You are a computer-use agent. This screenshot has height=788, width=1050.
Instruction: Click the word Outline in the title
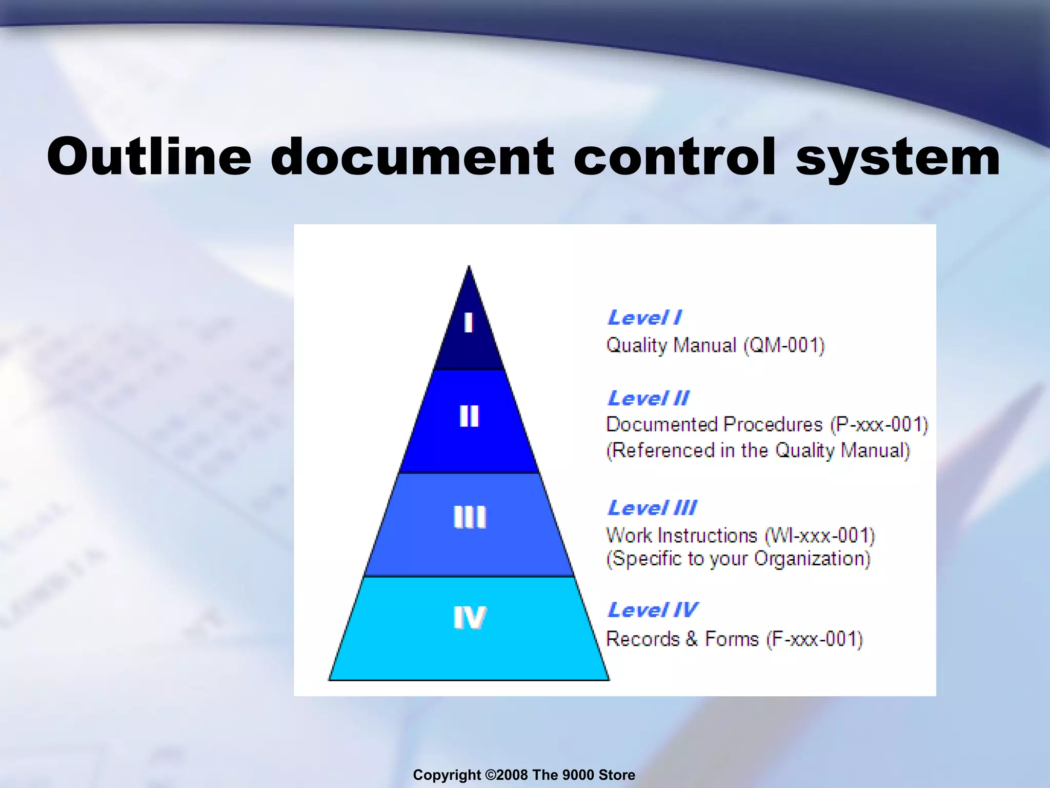point(149,156)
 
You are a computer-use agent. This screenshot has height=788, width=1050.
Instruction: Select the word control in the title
point(675,156)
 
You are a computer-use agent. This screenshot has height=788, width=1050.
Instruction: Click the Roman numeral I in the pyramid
point(468,323)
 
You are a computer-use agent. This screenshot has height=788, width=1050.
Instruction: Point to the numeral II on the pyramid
point(469,416)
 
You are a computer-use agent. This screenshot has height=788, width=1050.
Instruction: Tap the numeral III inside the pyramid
point(470,517)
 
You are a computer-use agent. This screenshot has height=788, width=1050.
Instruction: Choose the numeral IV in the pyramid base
point(470,617)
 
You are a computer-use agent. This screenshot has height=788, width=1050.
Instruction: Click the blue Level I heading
point(644,318)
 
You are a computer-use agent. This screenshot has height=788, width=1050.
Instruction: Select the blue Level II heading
point(649,398)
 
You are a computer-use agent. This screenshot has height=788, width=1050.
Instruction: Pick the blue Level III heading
point(652,508)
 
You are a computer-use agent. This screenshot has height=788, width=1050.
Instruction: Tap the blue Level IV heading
point(653,610)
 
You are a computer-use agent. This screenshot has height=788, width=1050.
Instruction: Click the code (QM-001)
point(784,345)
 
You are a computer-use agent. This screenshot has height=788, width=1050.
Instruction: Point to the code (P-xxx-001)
point(879,425)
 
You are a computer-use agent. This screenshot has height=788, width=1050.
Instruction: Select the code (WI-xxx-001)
point(819,536)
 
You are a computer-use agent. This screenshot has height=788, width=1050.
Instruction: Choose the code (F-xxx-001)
point(814,639)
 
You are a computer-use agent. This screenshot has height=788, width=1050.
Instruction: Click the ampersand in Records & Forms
point(692,639)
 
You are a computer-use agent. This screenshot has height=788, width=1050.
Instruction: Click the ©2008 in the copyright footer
point(506,775)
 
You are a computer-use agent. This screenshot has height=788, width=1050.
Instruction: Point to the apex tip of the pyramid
point(469,267)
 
